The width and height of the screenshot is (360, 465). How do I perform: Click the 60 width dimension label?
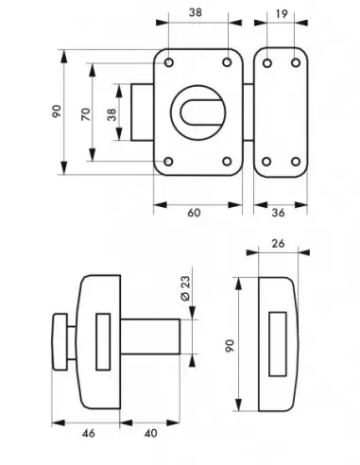coord(193,213)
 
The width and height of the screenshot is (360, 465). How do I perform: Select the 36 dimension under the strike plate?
coord(278,213)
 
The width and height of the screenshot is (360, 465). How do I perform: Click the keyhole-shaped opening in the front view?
coord(199,112)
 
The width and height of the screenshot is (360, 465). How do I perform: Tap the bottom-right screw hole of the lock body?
coord(229,161)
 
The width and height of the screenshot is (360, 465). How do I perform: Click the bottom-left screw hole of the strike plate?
coord(267,161)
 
